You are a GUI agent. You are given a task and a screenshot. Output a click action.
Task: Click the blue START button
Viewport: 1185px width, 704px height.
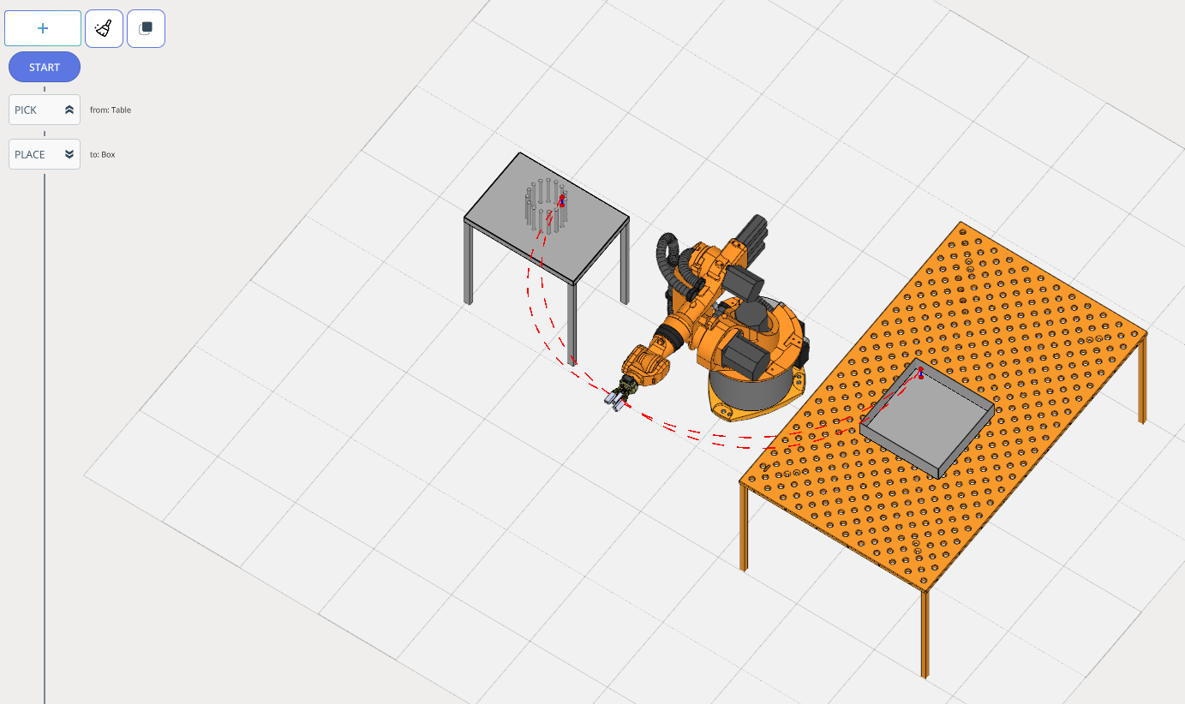[45, 67]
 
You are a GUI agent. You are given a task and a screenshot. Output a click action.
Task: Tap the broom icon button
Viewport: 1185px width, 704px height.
[104, 28]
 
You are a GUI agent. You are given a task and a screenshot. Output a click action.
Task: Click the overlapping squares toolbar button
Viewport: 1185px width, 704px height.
[146, 28]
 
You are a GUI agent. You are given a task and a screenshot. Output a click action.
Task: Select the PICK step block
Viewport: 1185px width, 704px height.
[45, 110]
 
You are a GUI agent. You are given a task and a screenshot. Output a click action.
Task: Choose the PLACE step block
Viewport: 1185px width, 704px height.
[45, 154]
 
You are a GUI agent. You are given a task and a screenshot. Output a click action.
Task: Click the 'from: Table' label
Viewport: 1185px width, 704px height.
[111, 110]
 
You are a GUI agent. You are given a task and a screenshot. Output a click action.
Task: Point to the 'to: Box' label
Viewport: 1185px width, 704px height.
[103, 154]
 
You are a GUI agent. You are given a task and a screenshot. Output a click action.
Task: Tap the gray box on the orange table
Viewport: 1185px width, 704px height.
[927, 419]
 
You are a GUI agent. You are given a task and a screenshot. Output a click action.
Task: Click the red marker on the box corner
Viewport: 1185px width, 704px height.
[921, 373]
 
